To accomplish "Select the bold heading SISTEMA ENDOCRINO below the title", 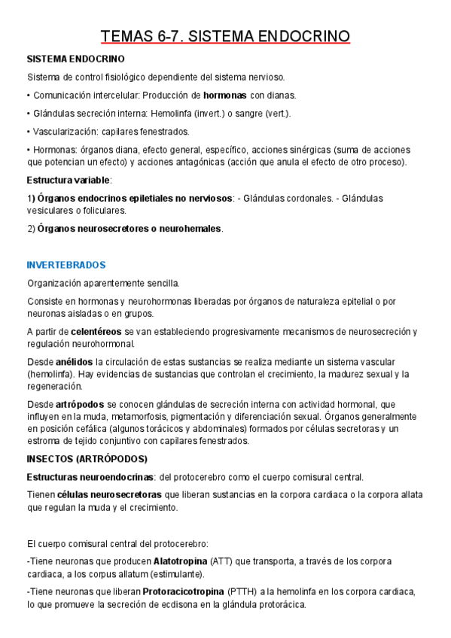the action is [x=75, y=59].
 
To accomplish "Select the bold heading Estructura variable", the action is [x=68, y=181].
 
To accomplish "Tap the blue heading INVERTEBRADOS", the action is [x=66, y=265].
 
